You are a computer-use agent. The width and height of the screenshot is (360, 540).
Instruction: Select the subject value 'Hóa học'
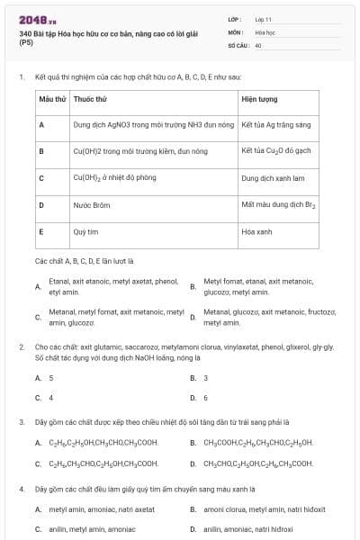(265, 31)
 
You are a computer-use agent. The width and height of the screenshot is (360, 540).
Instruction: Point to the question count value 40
(258, 44)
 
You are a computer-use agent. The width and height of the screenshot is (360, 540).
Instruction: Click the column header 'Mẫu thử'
(53, 98)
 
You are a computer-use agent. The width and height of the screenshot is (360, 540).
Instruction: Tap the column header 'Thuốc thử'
(91, 98)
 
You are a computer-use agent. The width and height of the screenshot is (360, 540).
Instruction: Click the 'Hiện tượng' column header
(260, 98)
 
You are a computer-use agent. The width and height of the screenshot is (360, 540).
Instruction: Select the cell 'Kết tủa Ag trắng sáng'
(276, 124)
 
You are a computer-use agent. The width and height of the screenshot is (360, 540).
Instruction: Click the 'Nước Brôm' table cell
(92, 205)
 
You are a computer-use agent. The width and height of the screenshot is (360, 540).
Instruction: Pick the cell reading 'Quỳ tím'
(85, 232)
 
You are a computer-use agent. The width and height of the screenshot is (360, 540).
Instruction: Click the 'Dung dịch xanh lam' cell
(274, 178)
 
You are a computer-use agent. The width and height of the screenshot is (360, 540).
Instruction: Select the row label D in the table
(42, 205)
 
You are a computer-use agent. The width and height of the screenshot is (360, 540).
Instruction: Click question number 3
(21, 422)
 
